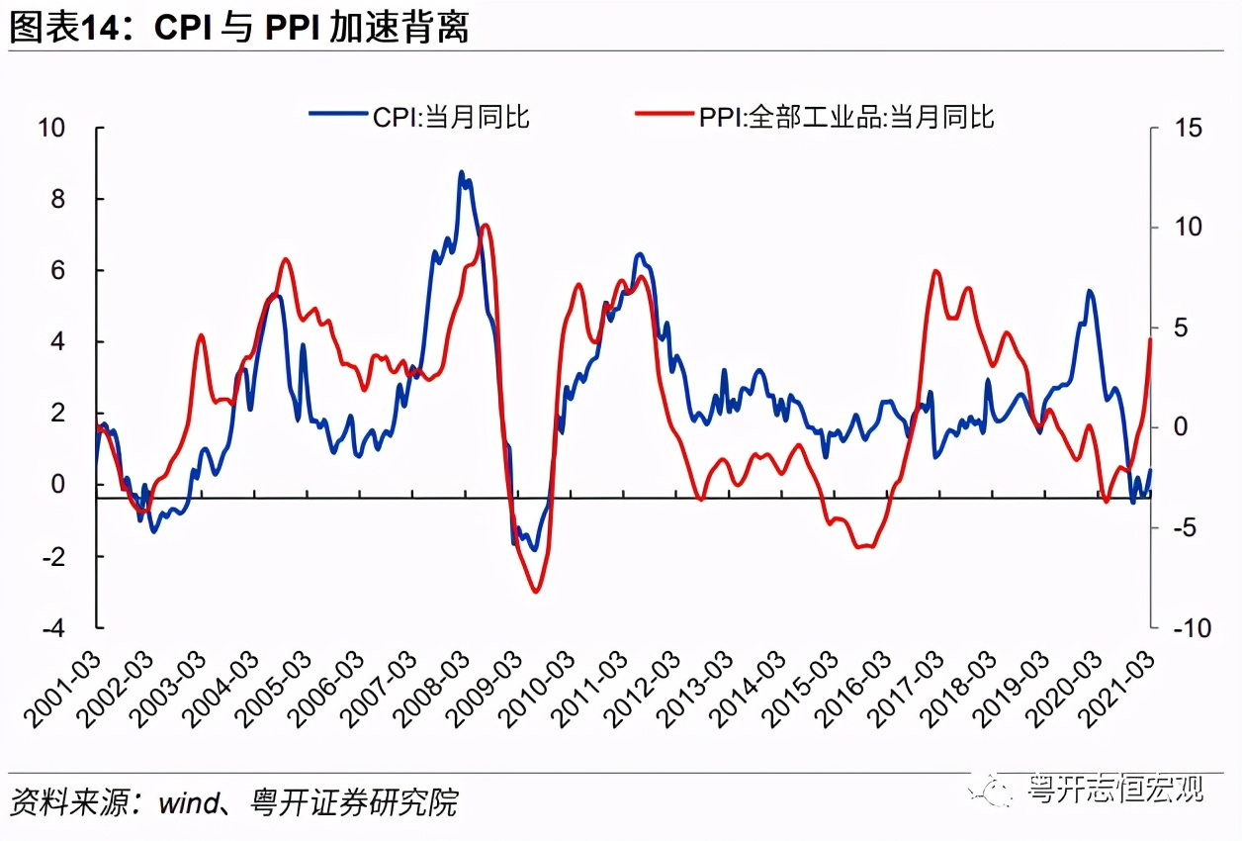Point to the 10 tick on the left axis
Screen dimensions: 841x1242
click(50, 129)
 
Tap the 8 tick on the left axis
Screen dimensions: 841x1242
click(57, 200)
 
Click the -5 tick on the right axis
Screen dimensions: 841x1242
click(1188, 528)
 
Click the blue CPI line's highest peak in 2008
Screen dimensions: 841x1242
click(461, 173)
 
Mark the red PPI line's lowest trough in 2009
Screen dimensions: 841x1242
click(536, 592)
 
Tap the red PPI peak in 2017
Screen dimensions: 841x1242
click(935, 271)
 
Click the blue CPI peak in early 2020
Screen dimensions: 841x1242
click(1089, 291)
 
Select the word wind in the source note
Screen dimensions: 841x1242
click(187, 801)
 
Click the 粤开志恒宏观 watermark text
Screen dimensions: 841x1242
click(1114, 789)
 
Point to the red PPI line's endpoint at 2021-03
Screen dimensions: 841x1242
click(1150, 339)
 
